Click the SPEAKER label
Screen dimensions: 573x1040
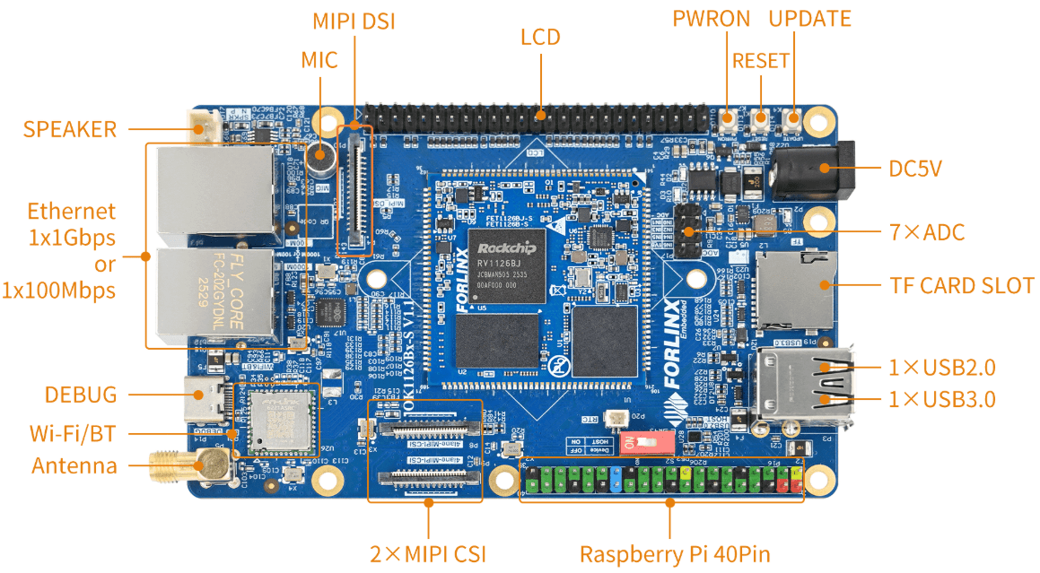70,129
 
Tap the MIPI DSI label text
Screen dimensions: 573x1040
354,21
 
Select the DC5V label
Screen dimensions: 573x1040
915,168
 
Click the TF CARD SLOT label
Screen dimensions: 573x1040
962,286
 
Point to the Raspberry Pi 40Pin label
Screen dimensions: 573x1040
675,553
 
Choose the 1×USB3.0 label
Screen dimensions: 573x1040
941,399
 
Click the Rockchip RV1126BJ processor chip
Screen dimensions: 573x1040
507,265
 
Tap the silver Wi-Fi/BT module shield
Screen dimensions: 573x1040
282,421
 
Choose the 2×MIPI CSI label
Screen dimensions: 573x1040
428,553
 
